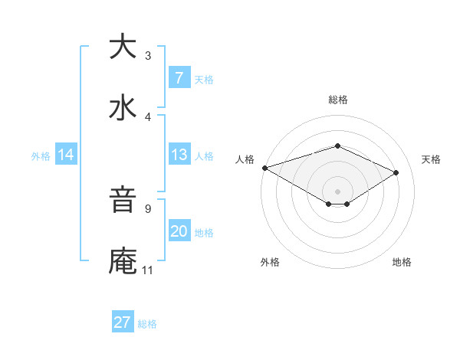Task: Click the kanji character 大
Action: coord(123,47)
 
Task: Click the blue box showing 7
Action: coord(179,78)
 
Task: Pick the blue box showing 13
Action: coord(179,155)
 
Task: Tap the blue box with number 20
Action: coord(179,231)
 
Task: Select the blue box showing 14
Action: coord(66,155)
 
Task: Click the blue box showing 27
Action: coord(123,322)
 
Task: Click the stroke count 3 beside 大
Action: coord(148,56)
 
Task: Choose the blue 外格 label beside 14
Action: coord(41,155)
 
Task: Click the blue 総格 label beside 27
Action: coord(147,323)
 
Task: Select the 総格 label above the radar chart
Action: coord(337,100)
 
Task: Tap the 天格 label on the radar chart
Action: coord(431,159)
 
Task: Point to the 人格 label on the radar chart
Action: coord(245,159)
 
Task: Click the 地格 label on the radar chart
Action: coord(402,262)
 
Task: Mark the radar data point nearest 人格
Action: coord(264,168)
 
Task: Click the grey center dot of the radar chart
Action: coord(337,191)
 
